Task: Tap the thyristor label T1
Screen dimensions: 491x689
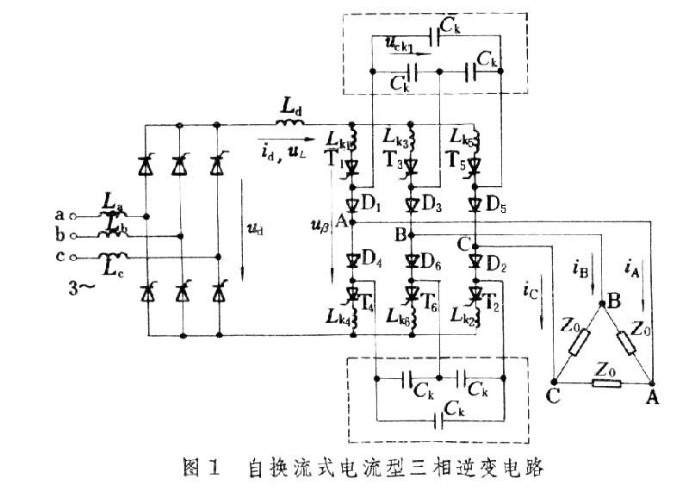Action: [x=334, y=162]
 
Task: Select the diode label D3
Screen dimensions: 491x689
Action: [x=432, y=206]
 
